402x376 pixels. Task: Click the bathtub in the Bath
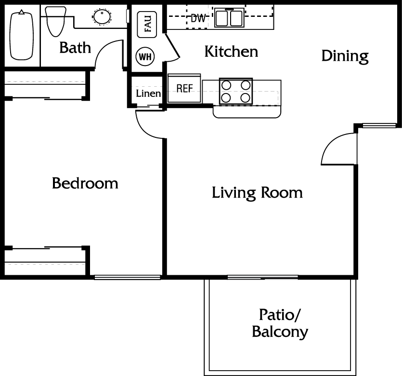(x=22, y=35)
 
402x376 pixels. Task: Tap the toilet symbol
(x=55, y=22)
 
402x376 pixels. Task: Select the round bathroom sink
(x=102, y=16)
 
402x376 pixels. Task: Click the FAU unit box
(x=147, y=25)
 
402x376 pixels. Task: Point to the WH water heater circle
(x=145, y=56)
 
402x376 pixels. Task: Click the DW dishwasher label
(x=198, y=18)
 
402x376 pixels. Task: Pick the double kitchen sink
(x=230, y=17)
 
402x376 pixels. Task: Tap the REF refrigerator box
(x=184, y=88)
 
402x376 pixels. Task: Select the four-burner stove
(x=236, y=92)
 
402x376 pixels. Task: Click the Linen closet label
(x=148, y=94)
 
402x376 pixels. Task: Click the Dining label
(x=345, y=56)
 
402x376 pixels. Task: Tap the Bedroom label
(x=85, y=183)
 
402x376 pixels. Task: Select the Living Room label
(x=257, y=193)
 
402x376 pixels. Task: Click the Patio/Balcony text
(x=280, y=323)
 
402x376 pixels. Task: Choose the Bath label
(x=75, y=48)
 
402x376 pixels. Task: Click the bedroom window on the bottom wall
(x=128, y=277)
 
